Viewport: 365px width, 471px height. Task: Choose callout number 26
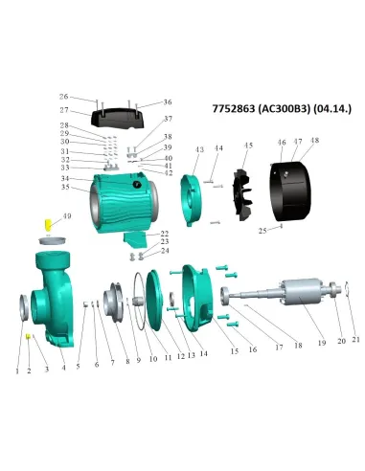63,97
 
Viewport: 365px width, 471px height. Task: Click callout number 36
168,101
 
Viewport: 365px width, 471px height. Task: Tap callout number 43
199,150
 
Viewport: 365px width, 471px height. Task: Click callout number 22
165,233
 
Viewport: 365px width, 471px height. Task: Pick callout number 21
356,339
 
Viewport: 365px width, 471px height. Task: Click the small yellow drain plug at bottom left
30,338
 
